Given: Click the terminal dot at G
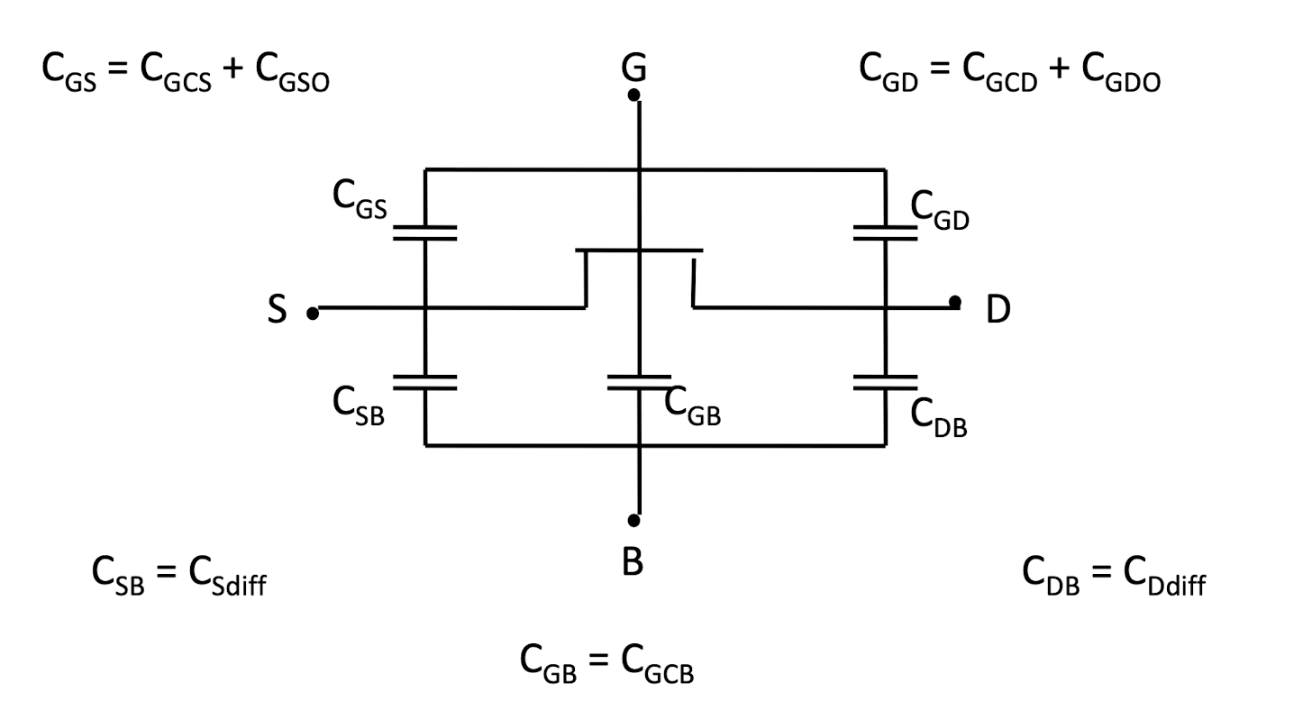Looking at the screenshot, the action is click(x=633, y=95).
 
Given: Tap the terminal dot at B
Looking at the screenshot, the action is click(x=633, y=520).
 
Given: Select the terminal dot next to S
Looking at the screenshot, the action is click(x=313, y=314).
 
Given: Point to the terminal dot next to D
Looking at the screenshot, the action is click(x=955, y=302).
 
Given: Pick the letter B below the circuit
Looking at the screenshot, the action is click(x=633, y=561).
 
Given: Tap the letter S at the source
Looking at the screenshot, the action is click(x=278, y=309).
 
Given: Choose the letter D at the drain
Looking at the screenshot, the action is click(x=998, y=309).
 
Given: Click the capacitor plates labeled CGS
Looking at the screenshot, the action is click(x=424, y=233).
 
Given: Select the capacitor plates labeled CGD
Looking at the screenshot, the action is click(x=885, y=233).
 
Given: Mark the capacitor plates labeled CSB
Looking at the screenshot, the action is click(x=424, y=382).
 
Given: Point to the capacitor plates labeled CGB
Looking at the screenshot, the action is click(x=639, y=382).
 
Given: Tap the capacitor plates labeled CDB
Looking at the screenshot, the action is click(x=885, y=382).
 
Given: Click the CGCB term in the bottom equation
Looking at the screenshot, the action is click(x=658, y=665).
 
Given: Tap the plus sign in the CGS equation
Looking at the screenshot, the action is click(x=232, y=68).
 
